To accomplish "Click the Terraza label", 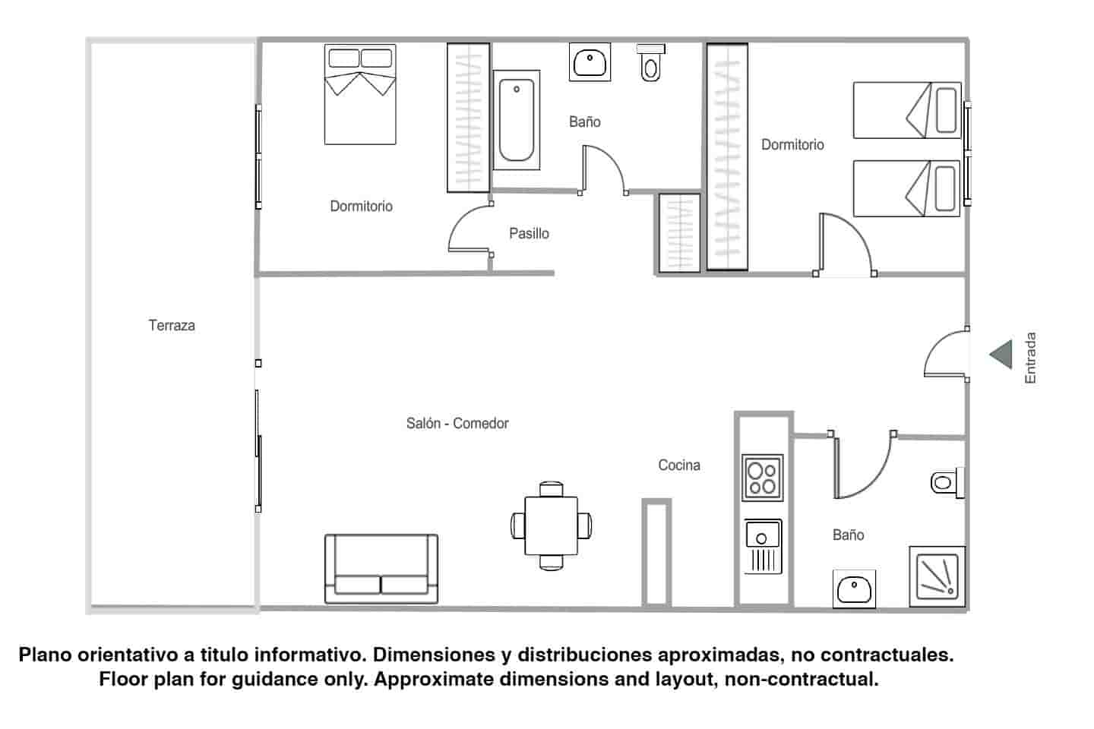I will click(x=172, y=326).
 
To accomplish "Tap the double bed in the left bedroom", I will click(x=360, y=94).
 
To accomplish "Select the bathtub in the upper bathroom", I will click(x=517, y=120).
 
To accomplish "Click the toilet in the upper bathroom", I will click(x=650, y=63).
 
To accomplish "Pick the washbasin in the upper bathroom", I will click(x=590, y=62).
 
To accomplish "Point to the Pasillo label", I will click(x=529, y=234).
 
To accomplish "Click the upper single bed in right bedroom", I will click(x=907, y=111).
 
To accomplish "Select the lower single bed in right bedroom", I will click(x=907, y=188).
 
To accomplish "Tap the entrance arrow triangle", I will click(x=1002, y=355).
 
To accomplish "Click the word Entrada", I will click(x=1030, y=358).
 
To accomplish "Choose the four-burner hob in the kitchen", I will click(x=763, y=477).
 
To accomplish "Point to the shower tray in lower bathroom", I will click(x=937, y=576).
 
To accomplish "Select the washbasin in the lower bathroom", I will click(x=854, y=589).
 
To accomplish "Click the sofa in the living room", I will click(x=381, y=569).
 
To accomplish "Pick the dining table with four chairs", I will click(x=552, y=525).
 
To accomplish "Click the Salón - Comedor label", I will click(x=457, y=424).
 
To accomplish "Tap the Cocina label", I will click(x=679, y=465).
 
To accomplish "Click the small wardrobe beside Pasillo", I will click(x=679, y=233).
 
